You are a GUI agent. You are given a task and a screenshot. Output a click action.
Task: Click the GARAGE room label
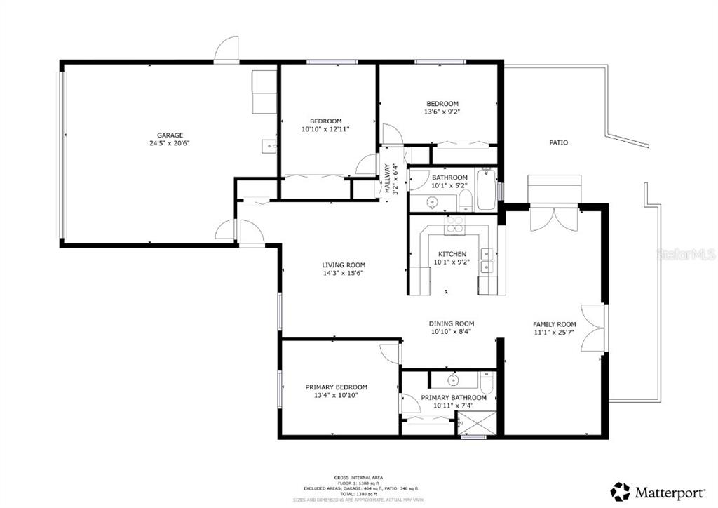170,135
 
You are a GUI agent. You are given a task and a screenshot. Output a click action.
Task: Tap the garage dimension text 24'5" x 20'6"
170,143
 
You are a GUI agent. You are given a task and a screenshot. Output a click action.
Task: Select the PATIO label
558,142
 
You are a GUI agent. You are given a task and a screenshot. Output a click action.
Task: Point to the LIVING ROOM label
343,265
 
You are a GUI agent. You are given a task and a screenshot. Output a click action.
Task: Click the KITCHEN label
452,254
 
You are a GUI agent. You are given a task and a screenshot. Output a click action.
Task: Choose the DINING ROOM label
452,323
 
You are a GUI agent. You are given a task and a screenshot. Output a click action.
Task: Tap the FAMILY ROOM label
554,324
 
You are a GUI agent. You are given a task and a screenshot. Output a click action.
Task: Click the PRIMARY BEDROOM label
336,387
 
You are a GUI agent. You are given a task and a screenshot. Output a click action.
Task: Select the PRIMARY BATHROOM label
453,398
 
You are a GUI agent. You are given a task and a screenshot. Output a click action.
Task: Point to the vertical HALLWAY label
387,179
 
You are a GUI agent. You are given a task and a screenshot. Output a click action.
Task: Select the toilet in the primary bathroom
487,382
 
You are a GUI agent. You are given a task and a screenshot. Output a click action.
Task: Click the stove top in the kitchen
454,223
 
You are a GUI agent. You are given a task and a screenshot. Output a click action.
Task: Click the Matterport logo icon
620,490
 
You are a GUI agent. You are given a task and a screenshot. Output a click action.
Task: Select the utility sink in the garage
269,146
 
